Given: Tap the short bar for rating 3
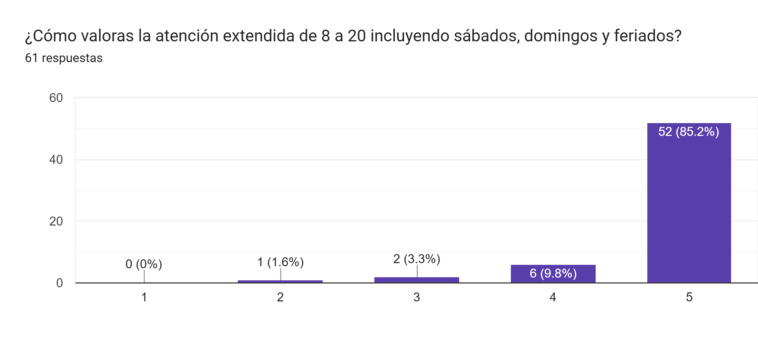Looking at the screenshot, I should [416, 280].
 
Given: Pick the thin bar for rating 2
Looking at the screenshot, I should [280, 281].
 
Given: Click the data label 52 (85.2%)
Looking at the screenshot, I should [688, 132].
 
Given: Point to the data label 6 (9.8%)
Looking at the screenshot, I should [553, 273].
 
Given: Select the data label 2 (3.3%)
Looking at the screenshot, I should [416, 259].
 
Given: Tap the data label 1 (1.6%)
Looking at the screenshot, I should [280, 262].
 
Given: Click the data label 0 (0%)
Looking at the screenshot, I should [144, 264].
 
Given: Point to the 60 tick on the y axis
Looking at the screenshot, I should [56, 98].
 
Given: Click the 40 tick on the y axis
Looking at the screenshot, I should [56, 160].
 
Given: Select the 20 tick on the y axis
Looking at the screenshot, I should [56, 221].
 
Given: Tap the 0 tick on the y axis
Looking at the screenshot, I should [59, 283].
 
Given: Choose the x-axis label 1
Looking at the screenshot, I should [144, 297].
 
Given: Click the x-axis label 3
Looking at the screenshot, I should [416, 297].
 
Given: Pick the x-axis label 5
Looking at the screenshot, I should [689, 297].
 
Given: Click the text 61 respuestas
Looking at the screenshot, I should [64, 58].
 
